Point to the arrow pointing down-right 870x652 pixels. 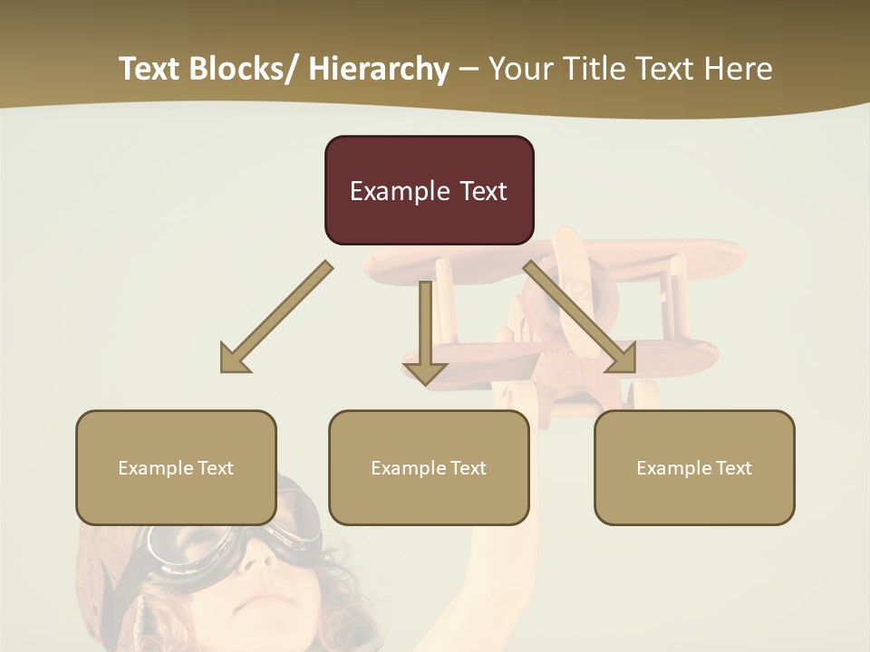click(581, 318)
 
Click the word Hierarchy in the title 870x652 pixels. click(379, 69)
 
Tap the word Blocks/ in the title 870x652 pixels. click(245, 69)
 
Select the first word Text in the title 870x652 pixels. click(150, 69)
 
